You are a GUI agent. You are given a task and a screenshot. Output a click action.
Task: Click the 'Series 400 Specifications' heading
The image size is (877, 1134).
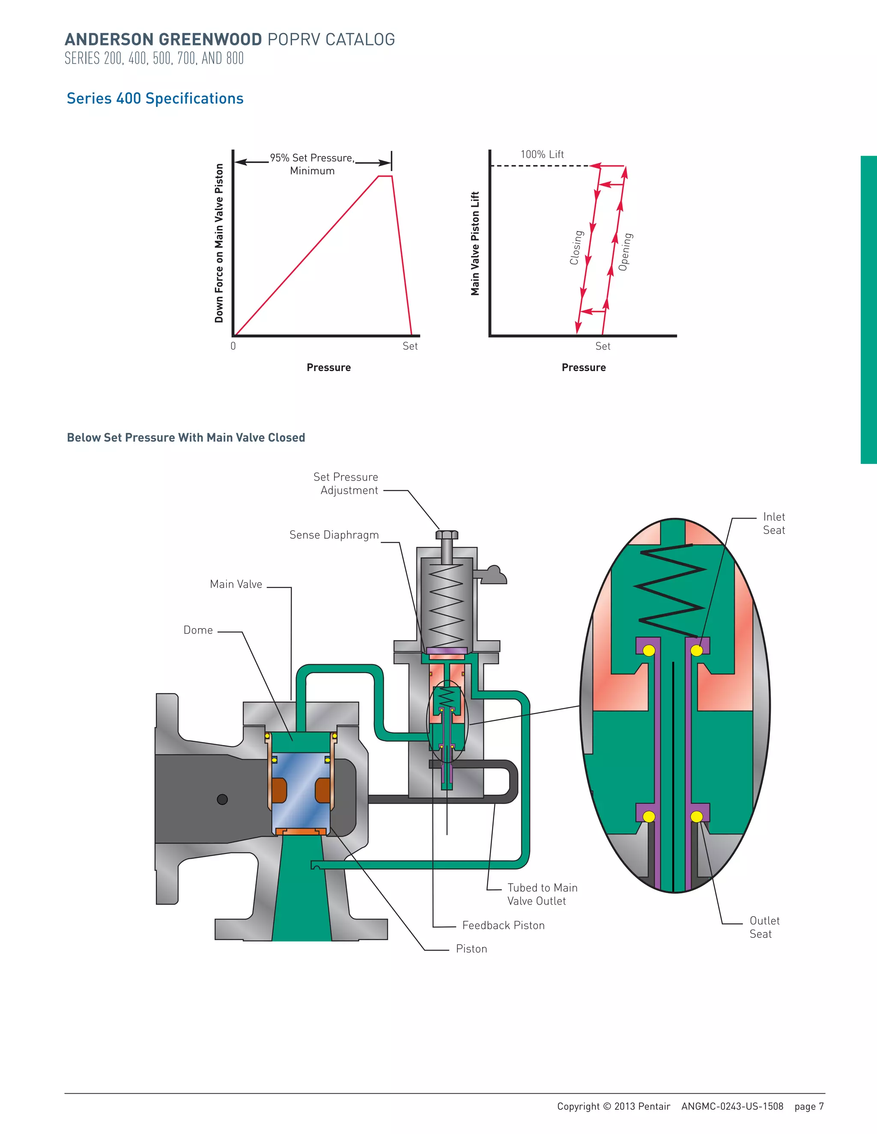tap(155, 99)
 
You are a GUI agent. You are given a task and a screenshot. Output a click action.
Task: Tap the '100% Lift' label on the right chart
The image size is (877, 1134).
tap(542, 154)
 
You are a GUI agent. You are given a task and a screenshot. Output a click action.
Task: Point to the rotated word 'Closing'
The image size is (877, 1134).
tap(576, 248)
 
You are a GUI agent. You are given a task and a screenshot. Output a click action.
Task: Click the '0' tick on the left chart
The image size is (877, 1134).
tap(233, 346)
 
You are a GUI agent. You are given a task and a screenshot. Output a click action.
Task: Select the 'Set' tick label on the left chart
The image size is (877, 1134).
tap(410, 346)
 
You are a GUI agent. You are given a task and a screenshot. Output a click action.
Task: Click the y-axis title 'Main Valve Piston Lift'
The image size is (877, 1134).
tap(475, 243)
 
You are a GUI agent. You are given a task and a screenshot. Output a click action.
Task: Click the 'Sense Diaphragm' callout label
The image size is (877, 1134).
tap(334, 535)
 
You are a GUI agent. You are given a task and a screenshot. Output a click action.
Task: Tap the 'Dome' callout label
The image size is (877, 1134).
tap(198, 630)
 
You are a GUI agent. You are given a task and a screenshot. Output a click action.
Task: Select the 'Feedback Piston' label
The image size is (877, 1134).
tap(503, 925)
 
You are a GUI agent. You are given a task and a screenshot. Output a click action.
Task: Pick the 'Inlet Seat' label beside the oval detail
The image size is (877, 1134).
tap(774, 523)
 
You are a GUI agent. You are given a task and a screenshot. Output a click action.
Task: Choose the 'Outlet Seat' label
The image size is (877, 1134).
tap(764, 927)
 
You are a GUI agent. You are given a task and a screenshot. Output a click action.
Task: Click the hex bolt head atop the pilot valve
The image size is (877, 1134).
tap(447, 535)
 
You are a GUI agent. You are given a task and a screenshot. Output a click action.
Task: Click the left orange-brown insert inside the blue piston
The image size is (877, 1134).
tap(279, 790)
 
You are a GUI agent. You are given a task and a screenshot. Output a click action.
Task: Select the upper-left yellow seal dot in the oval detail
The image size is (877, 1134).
tap(649, 650)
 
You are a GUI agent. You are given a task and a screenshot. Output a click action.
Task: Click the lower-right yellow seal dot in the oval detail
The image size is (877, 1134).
tap(697, 817)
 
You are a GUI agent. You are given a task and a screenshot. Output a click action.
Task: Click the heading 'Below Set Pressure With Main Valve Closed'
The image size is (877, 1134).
tap(186, 438)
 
